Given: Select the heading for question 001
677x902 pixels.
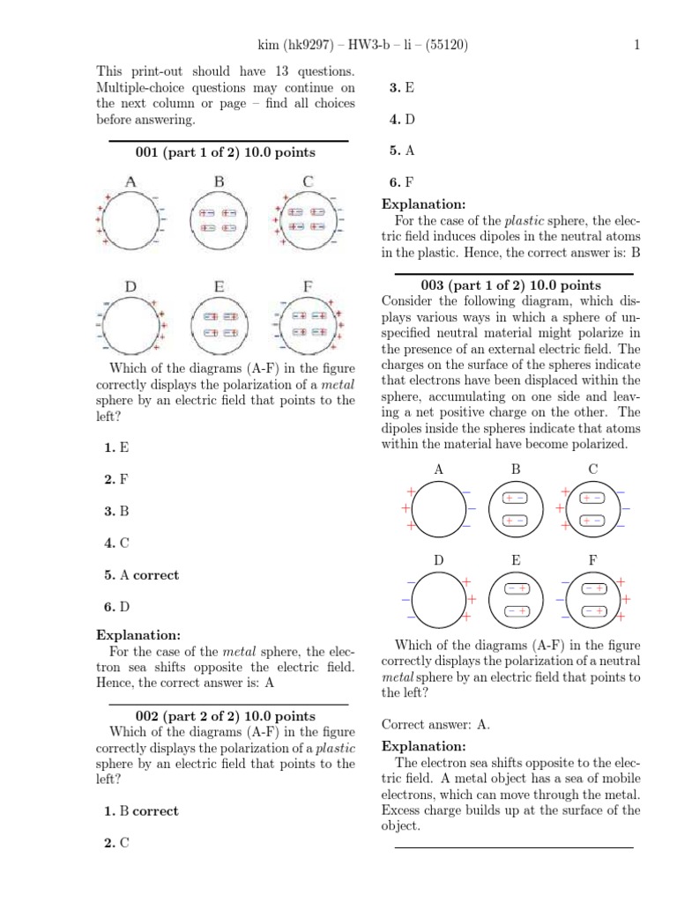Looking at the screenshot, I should (225, 152).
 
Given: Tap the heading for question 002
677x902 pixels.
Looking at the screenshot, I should (225, 716).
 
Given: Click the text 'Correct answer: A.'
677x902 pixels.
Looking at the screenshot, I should (435, 725).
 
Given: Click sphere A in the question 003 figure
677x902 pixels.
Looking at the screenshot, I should (439, 508).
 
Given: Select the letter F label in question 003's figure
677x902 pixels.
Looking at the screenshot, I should (592, 560).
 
